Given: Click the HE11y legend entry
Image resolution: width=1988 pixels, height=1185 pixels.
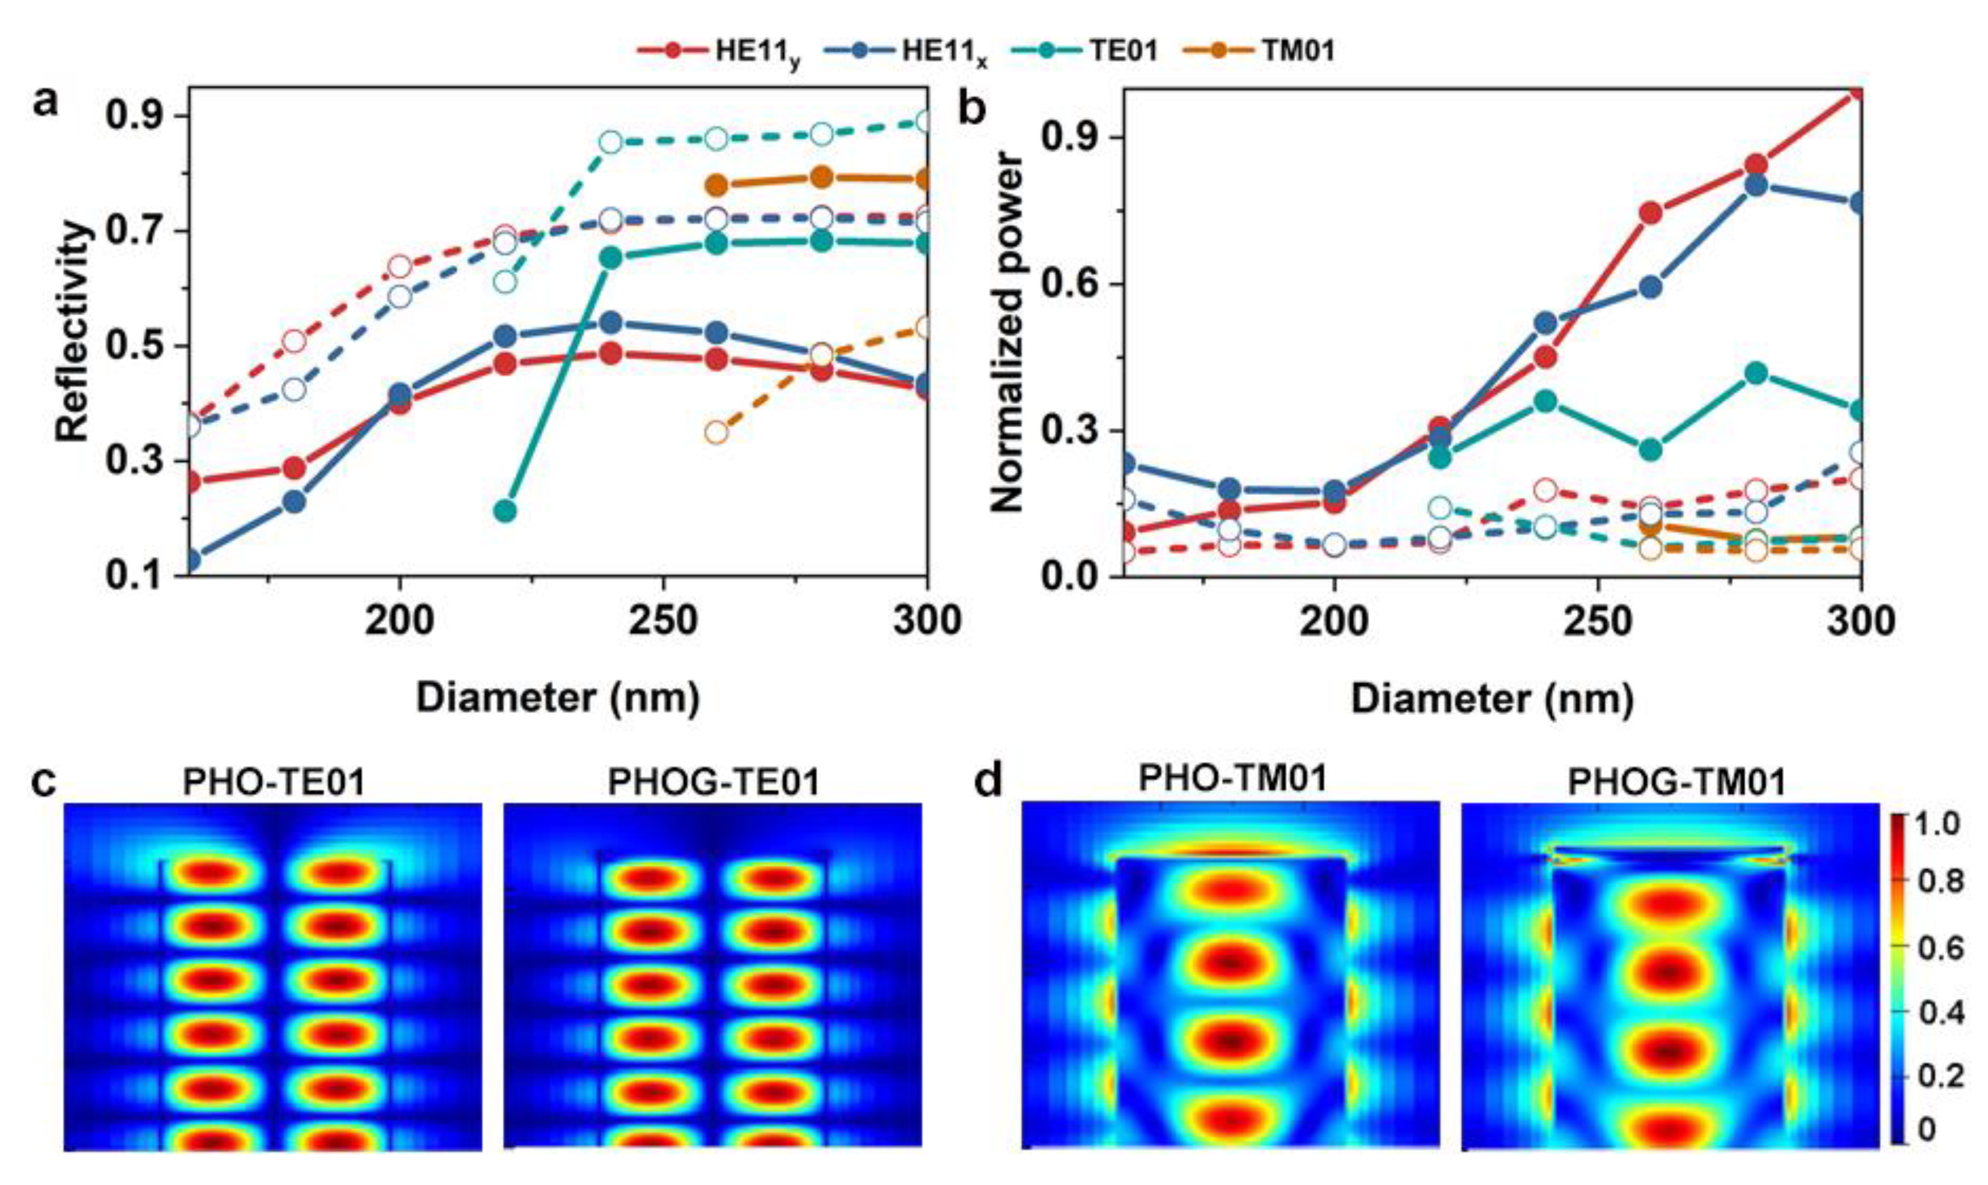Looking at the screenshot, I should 719,52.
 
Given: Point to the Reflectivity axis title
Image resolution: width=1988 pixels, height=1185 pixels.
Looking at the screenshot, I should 73,332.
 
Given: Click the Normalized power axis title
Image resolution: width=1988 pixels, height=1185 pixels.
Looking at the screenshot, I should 1007,332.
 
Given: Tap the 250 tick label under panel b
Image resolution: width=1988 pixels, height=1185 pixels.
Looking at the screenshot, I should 1598,621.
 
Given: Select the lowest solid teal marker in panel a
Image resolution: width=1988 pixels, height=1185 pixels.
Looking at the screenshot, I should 505,511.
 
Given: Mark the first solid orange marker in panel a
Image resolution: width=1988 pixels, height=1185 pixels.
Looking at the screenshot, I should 716,185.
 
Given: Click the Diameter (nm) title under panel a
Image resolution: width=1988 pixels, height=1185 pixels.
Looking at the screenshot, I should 558,698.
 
